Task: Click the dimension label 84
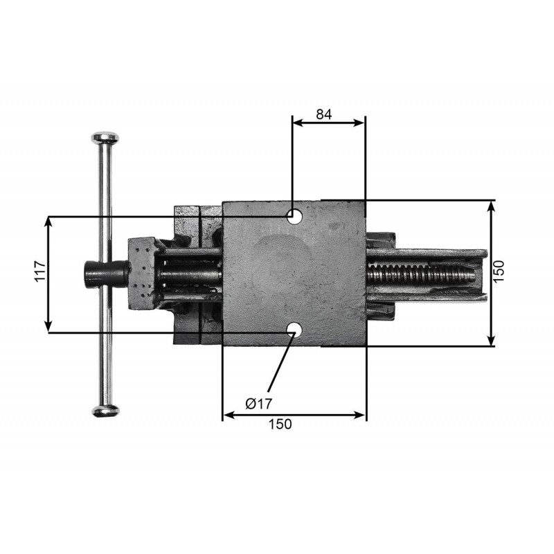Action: click(324, 114)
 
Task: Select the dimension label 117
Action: click(40, 271)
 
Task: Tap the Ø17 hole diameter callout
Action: click(259, 403)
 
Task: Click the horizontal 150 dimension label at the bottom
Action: click(280, 424)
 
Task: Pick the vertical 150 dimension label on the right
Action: click(499, 271)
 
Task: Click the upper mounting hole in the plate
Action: click(294, 216)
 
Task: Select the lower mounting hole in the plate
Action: click(294, 330)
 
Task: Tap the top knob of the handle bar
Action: click(105, 137)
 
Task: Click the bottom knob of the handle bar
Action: click(106, 411)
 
